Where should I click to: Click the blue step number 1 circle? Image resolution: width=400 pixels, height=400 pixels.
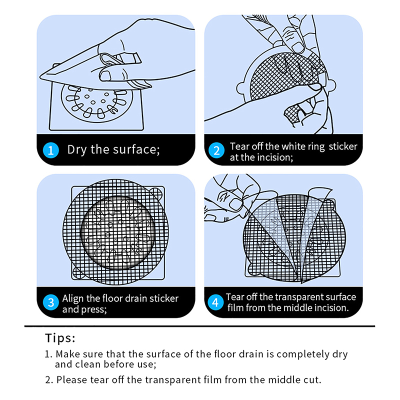pyautogui.click(x=51, y=150)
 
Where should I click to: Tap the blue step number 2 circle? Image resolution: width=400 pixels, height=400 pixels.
pyautogui.click(x=216, y=150)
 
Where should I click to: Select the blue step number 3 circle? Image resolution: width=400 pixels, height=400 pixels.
pyautogui.click(x=51, y=302)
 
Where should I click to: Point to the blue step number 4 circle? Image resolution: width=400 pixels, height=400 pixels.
pyautogui.click(x=215, y=302)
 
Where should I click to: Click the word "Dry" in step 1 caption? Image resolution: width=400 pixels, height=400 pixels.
pyautogui.click(x=76, y=149)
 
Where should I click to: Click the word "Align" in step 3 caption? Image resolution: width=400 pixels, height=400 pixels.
pyautogui.click(x=73, y=298)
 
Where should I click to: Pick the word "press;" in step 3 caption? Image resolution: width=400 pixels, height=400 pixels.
pyautogui.click(x=93, y=309)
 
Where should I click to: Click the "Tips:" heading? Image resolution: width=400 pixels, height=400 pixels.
pyautogui.click(x=60, y=338)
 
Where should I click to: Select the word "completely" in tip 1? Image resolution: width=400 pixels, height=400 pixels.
pyautogui.click(x=303, y=354)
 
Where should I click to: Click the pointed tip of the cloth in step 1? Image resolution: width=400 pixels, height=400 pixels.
pyautogui.click(x=40, y=77)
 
